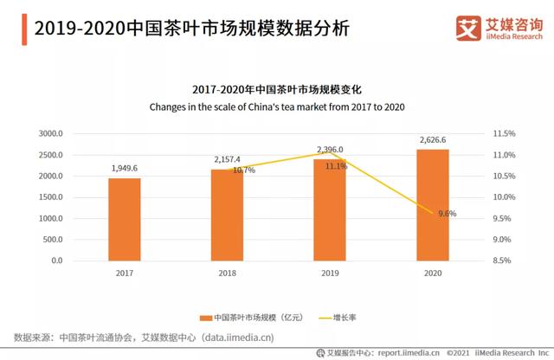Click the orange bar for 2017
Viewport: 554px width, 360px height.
click(124, 219)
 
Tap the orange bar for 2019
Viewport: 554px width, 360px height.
click(330, 209)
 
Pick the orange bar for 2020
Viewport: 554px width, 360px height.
click(433, 204)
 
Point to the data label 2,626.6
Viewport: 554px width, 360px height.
click(433, 138)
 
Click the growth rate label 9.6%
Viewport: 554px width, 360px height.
click(445, 214)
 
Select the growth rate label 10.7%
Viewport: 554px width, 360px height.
click(244, 170)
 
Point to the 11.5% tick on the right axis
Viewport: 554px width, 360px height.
click(504, 134)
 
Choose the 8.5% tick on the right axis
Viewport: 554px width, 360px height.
click(504, 260)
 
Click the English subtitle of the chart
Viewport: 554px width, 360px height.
click(277, 106)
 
